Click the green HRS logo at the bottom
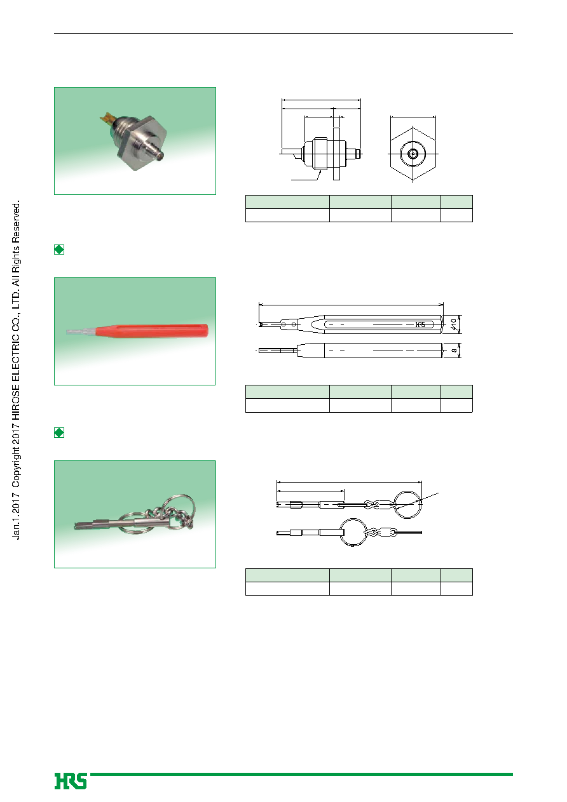(71, 781)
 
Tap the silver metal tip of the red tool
(81, 331)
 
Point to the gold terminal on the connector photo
(106, 117)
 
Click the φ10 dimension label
(453, 324)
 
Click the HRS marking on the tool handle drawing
(420, 324)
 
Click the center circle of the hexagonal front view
(413, 154)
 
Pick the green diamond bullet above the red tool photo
(59, 250)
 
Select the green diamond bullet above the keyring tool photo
(59, 432)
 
